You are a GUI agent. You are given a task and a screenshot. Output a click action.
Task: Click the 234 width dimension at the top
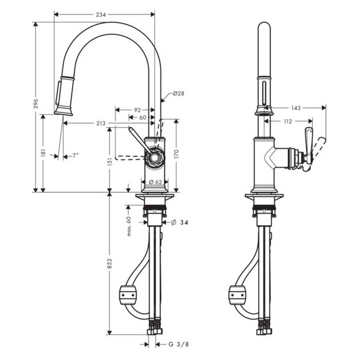click(100, 14)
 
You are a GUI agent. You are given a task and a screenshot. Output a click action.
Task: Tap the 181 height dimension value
click(43, 153)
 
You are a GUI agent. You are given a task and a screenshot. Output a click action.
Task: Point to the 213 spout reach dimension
click(100, 123)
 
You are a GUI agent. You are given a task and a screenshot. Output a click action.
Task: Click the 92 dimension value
click(137, 109)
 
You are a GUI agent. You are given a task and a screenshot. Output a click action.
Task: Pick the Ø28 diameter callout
click(178, 94)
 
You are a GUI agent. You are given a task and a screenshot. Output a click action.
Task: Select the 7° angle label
click(75, 156)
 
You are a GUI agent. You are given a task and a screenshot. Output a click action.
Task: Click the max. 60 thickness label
click(129, 226)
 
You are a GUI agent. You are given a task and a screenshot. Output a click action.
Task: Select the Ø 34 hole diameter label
click(180, 222)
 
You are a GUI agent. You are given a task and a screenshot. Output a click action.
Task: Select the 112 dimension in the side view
click(287, 121)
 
